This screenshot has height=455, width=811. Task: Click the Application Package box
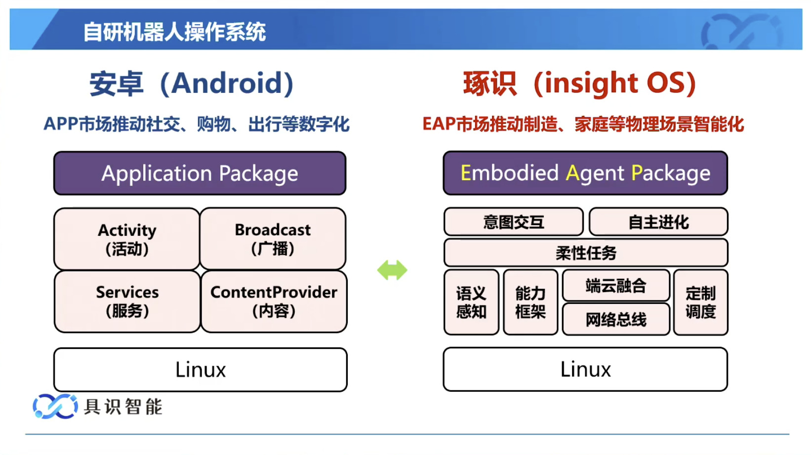coord(200,173)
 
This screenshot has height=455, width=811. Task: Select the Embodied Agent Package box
coord(585,173)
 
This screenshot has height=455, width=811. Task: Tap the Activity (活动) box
coord(127,239)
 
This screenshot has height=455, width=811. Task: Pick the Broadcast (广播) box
coord(273,239)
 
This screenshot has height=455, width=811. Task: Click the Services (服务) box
coord(127,301)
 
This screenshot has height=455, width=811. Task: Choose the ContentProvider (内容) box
coord(274,301)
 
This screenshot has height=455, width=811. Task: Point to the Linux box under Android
coord(201,370)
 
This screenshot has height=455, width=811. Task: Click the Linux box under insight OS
coord(585,370)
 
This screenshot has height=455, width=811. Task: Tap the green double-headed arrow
coord(392,270)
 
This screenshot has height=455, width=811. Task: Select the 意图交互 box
coord(514,222)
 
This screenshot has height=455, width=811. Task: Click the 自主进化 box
coord(658,222)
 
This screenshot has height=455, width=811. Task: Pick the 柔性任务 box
coord(586,253)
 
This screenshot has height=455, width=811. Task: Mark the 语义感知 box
coord(471,303)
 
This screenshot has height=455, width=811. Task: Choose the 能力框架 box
coord(530,303)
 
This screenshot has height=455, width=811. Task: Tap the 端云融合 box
coord(616,285)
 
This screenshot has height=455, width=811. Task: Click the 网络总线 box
coord(616,319)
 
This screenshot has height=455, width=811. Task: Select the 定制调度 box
coord(700,303)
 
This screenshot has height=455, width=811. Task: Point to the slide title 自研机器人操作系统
coord(174,32)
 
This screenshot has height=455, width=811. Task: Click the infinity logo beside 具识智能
coord(55,407)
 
